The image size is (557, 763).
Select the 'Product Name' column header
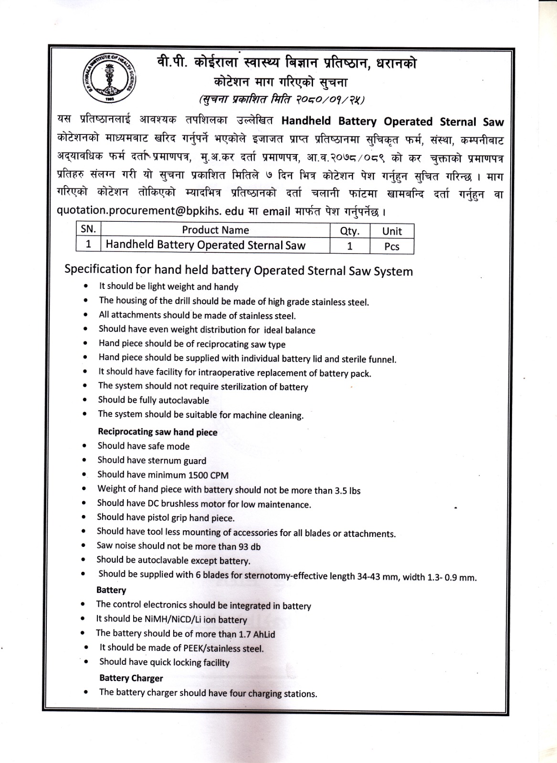tap(215, 230)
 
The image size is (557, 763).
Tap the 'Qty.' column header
tap(349, 231)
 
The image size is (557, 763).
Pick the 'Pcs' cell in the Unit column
tap(392, 246)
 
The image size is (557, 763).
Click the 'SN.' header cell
tap(88, 229)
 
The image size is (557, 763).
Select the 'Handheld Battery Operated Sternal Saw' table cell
tap(205, 245)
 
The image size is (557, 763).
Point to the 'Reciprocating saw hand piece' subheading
tap(158, 432)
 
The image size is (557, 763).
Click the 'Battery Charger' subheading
tap(131, 678)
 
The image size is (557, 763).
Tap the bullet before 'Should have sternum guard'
tap(84, 460)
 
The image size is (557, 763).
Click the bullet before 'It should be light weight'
tap(85, 286)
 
